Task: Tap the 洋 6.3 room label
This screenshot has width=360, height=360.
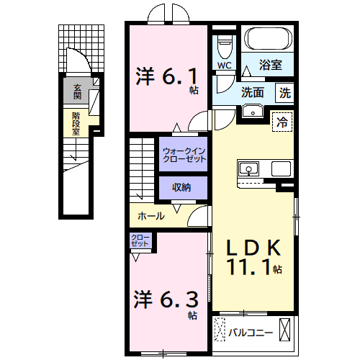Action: point(165,298)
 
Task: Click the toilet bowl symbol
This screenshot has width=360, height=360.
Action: point(225,48)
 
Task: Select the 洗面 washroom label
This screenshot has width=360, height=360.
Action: point(252,92)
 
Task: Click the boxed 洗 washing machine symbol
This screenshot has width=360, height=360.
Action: point(285,92)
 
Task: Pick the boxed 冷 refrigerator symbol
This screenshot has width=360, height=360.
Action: point(283,122)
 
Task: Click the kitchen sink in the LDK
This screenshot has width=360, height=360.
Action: point(249,169)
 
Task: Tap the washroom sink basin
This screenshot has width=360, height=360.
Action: point(251,110)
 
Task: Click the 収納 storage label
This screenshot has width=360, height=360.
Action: point(181,187)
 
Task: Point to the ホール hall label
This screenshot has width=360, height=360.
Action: point(150,215)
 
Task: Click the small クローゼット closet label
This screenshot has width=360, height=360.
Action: point(140,240)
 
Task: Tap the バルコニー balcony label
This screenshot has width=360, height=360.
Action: point(251,333)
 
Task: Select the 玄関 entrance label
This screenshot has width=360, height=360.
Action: point(76,91)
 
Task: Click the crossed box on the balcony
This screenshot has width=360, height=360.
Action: point(287,332)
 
